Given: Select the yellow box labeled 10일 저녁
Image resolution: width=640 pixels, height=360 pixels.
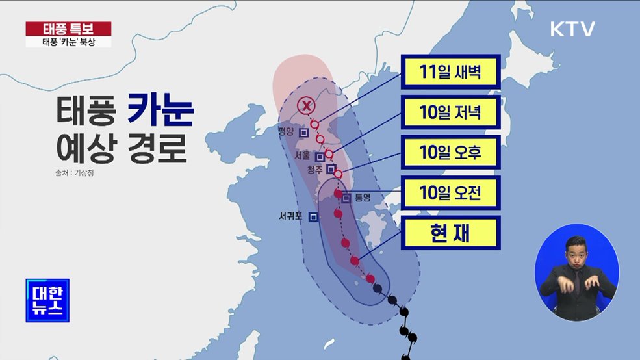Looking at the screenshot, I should [450, 113].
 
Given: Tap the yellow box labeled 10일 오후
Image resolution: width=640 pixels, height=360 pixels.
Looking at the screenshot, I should [450, 153].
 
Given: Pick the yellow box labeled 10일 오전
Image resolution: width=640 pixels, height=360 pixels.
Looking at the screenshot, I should [450, 192].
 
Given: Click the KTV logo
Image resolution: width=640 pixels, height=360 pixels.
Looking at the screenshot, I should [572, 29].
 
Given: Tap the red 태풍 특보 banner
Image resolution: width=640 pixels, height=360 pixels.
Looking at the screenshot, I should [68, 29].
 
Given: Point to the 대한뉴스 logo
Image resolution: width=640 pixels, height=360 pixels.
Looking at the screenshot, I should [47, 300].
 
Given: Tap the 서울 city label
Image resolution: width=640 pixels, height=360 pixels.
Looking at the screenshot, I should [302, 156].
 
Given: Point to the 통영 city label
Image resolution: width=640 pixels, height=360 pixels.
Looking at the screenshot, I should [362, 198].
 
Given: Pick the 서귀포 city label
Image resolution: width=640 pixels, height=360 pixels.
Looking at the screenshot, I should [290, 217].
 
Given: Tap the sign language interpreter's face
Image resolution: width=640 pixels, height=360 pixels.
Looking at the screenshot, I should [575, 251].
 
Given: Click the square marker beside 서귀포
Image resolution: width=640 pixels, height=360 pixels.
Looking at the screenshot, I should [313, 217].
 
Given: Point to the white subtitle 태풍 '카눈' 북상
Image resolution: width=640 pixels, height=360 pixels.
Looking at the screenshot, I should [68, 42].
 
